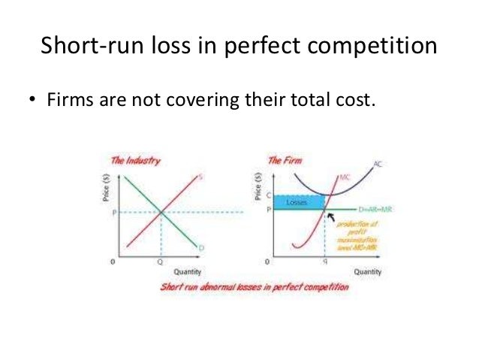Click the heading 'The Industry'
(136, 161)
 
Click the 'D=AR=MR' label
(377, 209)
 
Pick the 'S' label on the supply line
(202, 177)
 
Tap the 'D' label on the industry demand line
(202, 248)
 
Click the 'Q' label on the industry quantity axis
(160, 263)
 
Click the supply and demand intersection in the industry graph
(160, 212)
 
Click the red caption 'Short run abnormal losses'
(255, 287)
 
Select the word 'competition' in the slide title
(378, 47)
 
